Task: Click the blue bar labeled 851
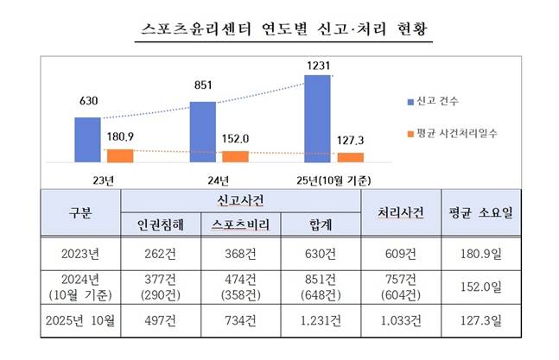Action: pyautogui.click(x=202, y=132)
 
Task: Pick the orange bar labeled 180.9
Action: pyautogui.click(x=119, y=155)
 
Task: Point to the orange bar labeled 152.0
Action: pyautogui.click(x=235, y=156)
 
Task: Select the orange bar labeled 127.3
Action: pyautogui.click(x=350, y=157)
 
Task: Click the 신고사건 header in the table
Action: pyautogui.click(x=241, y=201)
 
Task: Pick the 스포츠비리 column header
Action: pyautogui.click(x=241, y=224)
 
